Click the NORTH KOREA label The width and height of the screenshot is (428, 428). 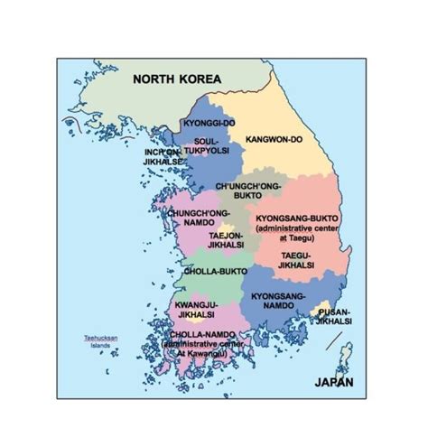point(176,79)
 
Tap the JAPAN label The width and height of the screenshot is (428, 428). point(333,382)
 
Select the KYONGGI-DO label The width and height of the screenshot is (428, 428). point(208,122)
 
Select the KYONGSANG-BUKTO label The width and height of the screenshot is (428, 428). point(294,219)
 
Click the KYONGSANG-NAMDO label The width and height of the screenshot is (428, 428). point(278,301)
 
